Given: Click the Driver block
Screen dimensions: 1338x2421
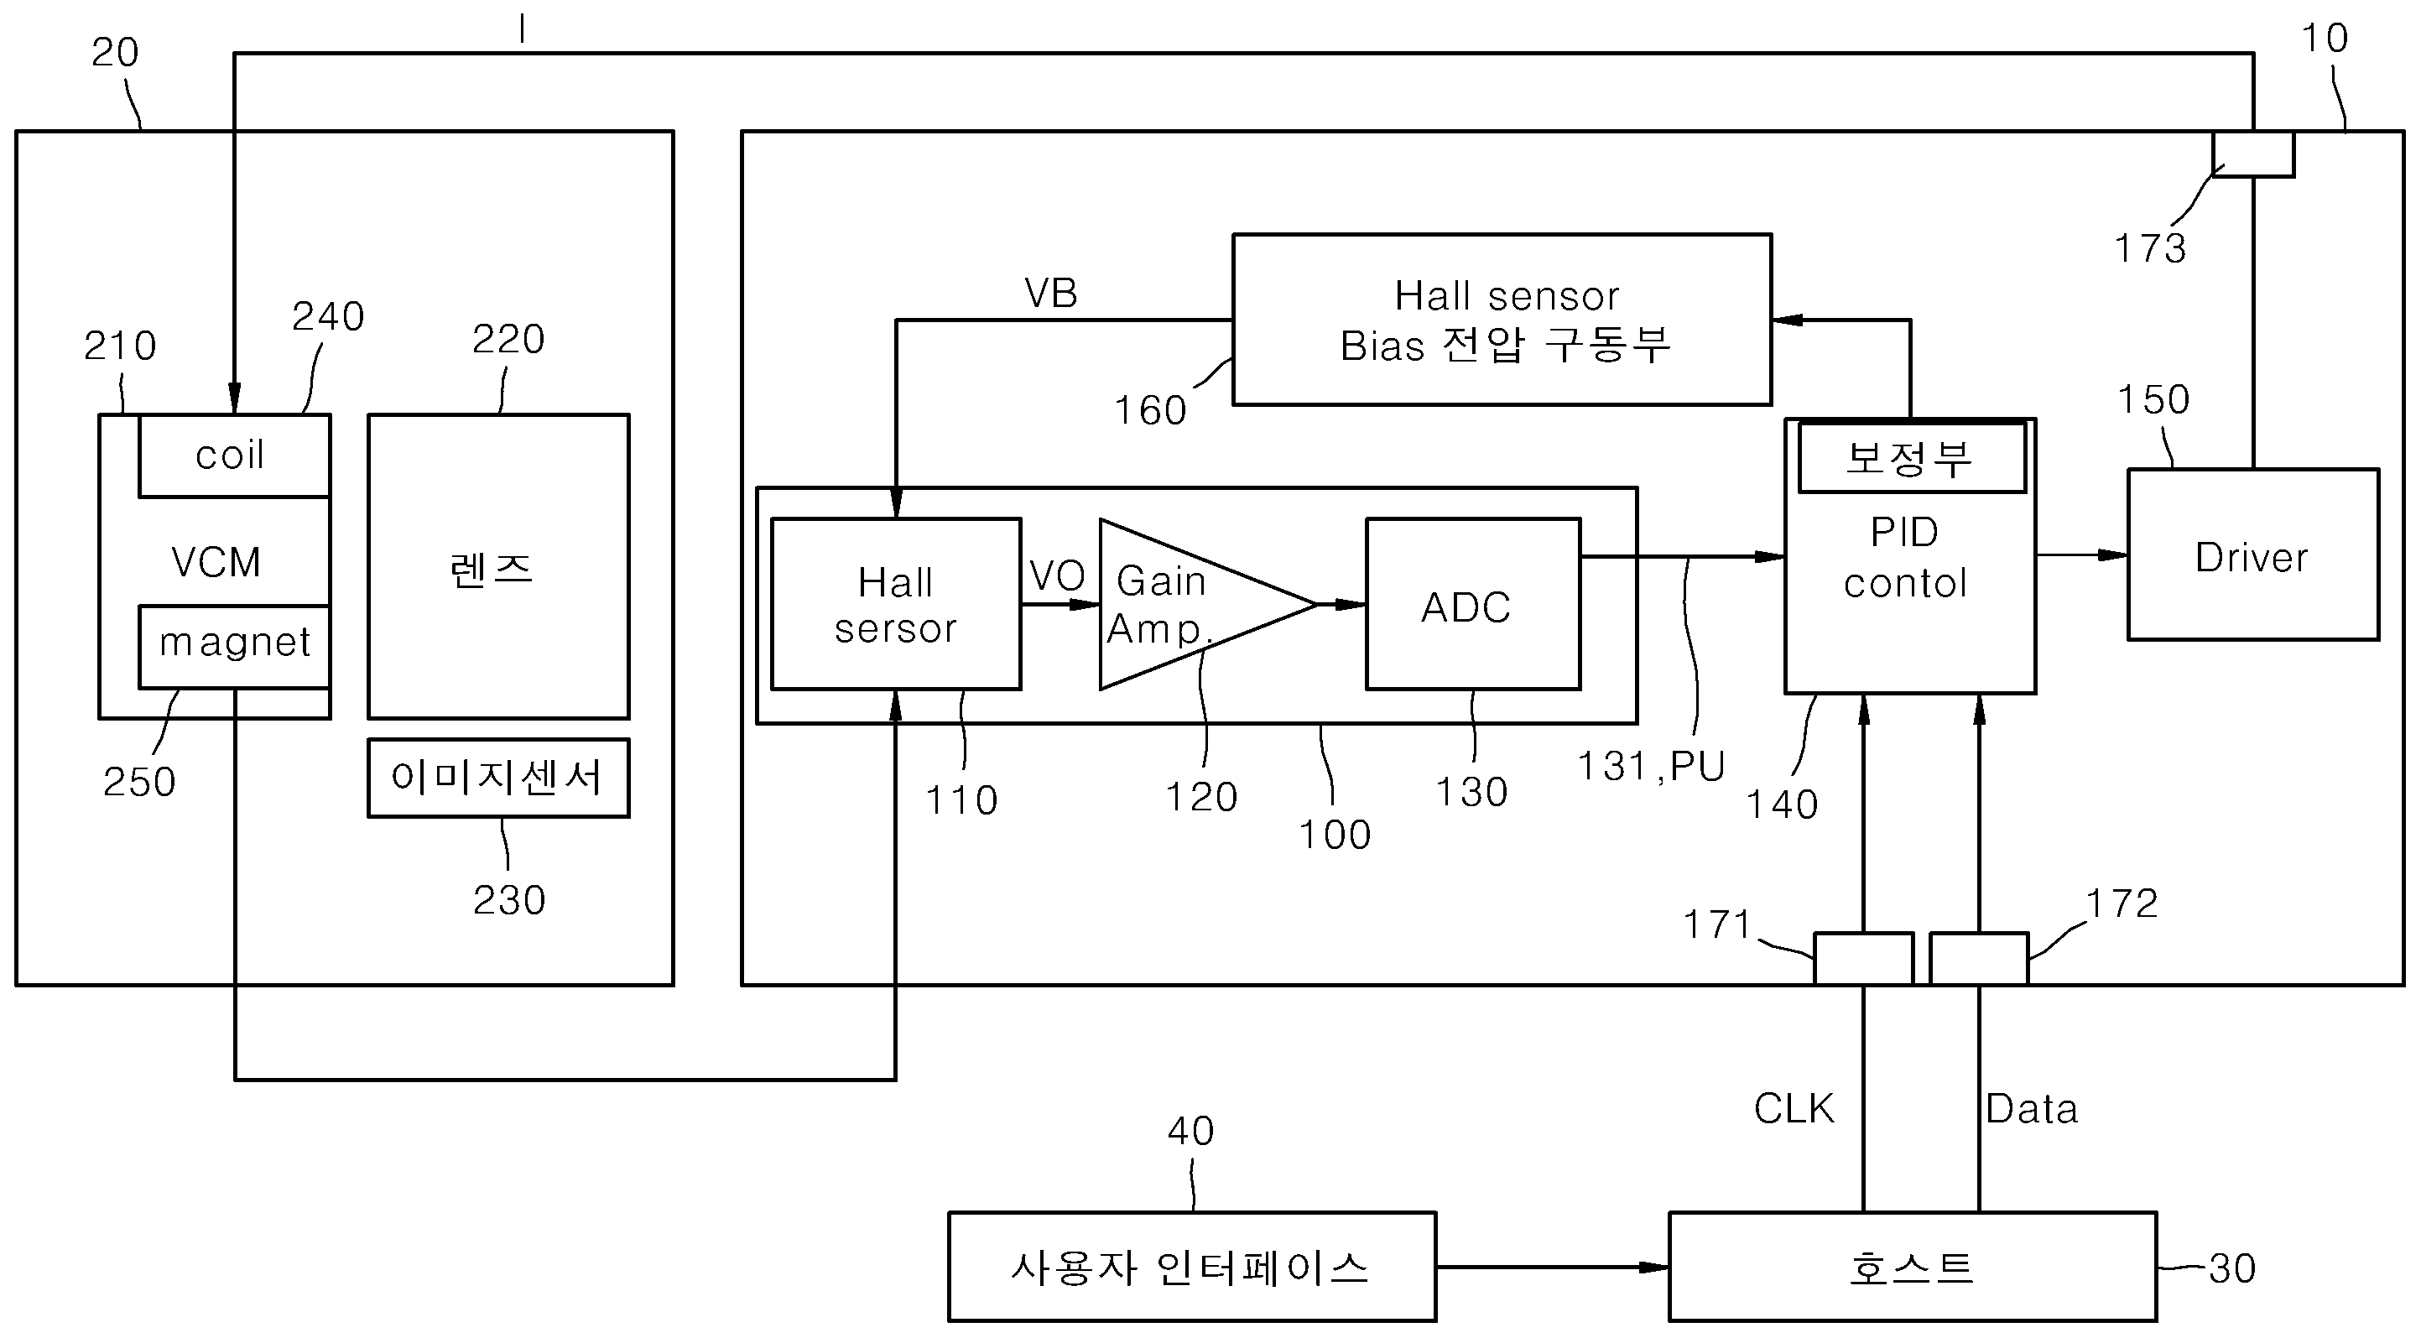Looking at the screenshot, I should pos(2252,556).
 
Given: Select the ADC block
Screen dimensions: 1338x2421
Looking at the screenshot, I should pos(1471,605).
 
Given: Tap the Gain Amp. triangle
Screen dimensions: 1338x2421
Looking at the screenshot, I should pos(1184,605).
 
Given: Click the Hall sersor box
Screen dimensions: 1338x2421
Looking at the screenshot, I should pos(895,605).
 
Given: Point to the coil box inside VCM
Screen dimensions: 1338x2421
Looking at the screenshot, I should pos(233,456).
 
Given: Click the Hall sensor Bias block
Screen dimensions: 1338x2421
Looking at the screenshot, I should pos(1501,320).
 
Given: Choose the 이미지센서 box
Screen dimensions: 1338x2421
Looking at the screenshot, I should pos(497,778).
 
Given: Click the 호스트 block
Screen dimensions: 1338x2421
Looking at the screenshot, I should pos(1911,1268).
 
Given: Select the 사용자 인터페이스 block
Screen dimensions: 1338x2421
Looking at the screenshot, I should pos(1190,1268).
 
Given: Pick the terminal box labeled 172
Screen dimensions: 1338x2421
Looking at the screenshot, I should pos(1978,958).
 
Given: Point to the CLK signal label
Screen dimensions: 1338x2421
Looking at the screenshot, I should pos(1794,1109).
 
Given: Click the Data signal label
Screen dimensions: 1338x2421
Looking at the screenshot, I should pos(2031,1109).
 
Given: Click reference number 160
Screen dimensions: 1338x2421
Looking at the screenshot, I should pos(1149,410).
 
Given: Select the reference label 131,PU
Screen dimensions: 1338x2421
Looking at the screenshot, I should pos(1650,767).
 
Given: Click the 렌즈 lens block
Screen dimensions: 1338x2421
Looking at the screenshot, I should pos(497,566).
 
